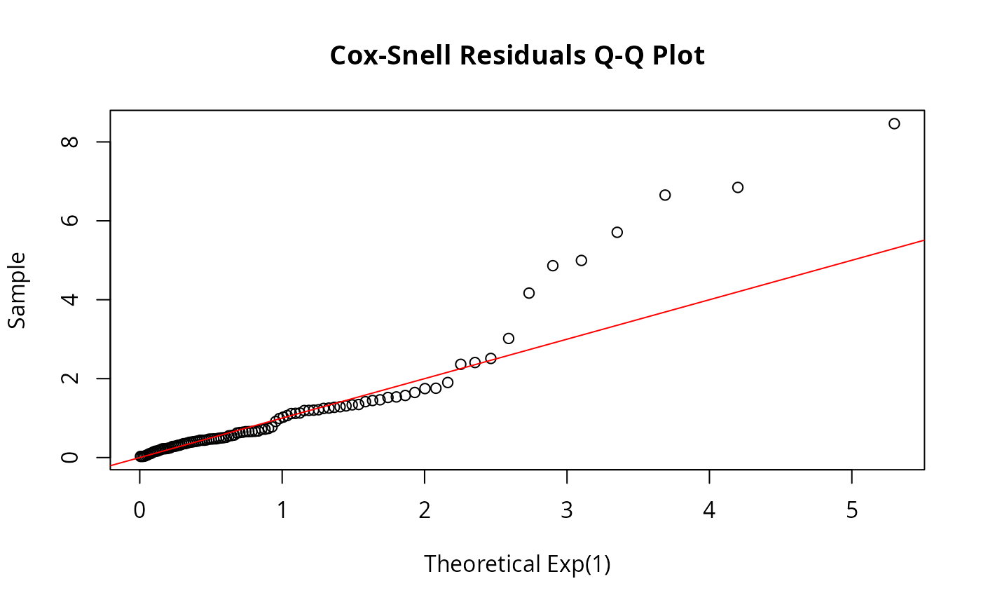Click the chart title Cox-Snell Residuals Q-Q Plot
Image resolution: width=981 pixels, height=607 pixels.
517,56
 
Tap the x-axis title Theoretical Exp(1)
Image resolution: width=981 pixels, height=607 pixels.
517,564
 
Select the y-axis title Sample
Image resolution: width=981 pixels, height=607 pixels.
18,289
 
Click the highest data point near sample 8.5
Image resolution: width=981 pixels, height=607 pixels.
894,123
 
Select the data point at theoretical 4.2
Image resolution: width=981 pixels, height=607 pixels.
738,187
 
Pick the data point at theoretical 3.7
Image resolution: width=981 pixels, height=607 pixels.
665,195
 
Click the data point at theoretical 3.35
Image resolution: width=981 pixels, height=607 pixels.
617,232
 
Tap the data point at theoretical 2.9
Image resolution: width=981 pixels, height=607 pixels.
553,266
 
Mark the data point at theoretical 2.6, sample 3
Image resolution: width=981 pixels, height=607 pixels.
509,339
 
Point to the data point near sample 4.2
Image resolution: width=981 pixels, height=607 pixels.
529,293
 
